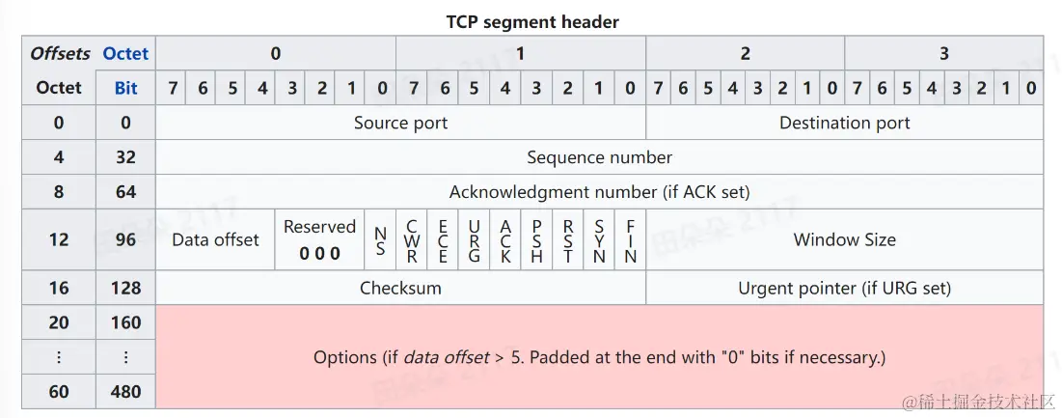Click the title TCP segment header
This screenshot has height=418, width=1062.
(x=532, y=20)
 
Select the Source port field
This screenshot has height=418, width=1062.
(x=400, y=123)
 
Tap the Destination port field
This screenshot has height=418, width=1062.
(x=844, y=123)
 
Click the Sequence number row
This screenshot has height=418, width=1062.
(x=599, y=156)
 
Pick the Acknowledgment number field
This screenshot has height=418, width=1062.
(x=599, y=191)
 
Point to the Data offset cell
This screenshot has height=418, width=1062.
(x=215, y=239)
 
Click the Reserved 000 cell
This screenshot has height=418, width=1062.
(x=319, y=239)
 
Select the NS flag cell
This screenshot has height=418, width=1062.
(x=380, y=240)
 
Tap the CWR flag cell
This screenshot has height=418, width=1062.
(x=412, y=240)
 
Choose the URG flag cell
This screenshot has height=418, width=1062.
(x=475, y=240)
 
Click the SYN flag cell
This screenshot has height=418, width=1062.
(x=599, y=240)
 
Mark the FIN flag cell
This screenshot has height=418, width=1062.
(x=630, y=240)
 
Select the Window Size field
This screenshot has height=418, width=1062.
(x=844, y=239)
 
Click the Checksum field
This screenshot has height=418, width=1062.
(x=400, y=288)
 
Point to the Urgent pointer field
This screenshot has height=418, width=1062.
(x=844, y=288)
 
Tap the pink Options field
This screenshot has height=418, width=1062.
(x=599, y=357)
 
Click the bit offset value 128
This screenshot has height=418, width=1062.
(x=125, y=288)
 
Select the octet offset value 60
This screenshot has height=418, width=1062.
(x=59, y=392)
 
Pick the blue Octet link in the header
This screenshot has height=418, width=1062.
(x=125, y=53)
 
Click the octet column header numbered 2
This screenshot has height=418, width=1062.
(x=745, y=53)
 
